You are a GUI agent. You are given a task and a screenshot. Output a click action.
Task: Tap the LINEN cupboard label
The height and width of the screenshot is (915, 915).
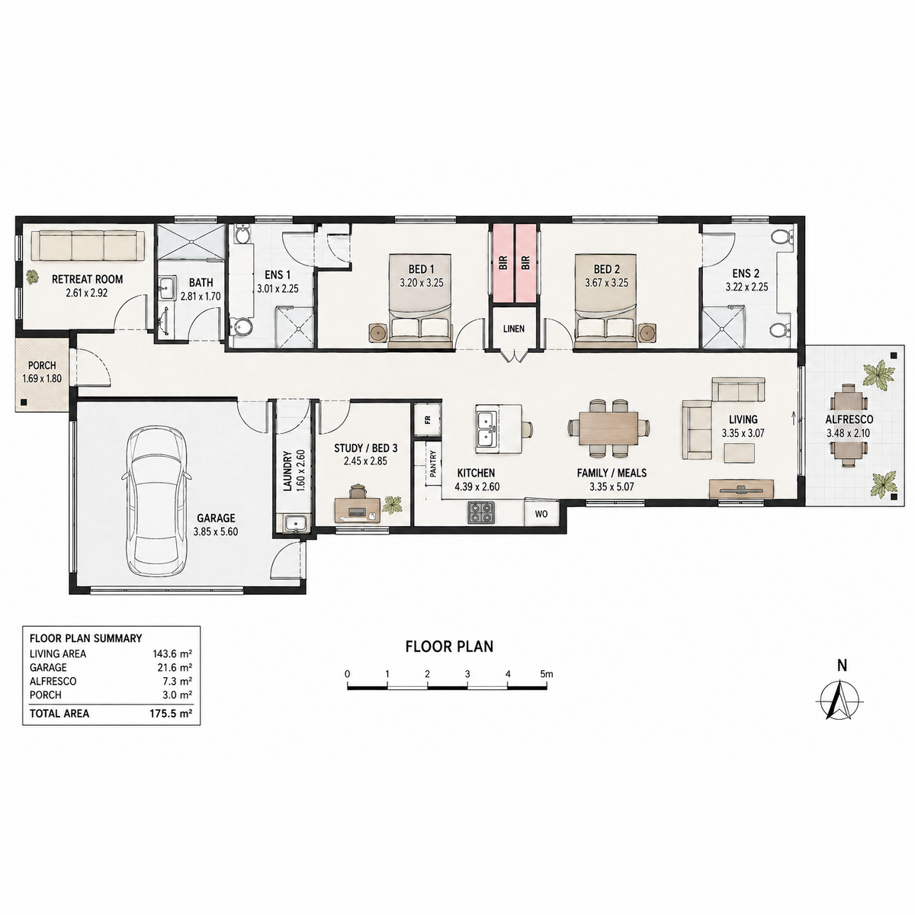pos(514,329)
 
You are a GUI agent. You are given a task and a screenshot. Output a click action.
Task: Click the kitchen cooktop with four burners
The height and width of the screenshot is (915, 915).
pos(480,512)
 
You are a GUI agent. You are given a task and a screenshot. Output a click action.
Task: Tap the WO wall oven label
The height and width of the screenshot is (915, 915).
pos(541,514)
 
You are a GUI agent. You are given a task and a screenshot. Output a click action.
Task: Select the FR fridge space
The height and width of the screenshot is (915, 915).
pos(427,419)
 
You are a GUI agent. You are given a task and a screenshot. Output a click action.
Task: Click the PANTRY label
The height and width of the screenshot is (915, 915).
pos(433,464)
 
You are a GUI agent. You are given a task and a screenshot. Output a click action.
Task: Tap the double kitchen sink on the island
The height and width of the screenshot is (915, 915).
pos(486,429)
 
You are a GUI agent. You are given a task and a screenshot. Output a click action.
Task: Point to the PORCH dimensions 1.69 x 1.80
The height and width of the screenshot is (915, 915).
pos(42,379)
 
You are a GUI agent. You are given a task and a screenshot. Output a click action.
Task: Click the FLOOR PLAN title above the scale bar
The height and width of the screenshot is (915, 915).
pos(449,647)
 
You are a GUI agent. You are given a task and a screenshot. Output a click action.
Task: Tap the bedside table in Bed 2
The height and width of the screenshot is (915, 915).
pos(647,332)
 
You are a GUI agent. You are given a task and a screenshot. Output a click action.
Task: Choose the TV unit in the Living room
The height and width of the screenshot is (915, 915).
pos(741,489)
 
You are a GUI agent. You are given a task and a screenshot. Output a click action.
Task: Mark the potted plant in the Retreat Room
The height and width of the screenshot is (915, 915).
pos(33,277)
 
